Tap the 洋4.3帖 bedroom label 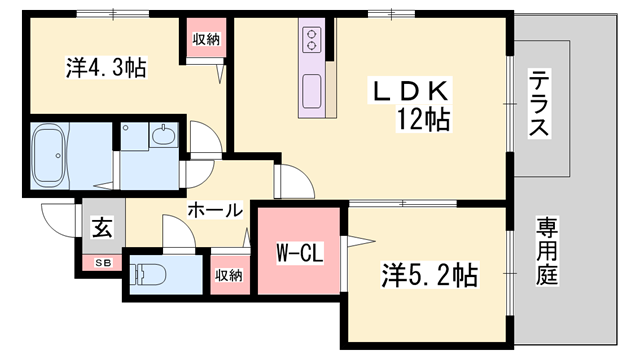(x=107, y=68)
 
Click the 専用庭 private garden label (x=546, y=250)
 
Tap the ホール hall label (x=214, y=211)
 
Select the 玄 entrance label (x=101, y=227)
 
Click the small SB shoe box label (x=102, y=262)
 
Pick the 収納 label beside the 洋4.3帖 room (x=207, y=39)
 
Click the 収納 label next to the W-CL (x=226, y=274)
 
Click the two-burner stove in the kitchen (x=311, y=40)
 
